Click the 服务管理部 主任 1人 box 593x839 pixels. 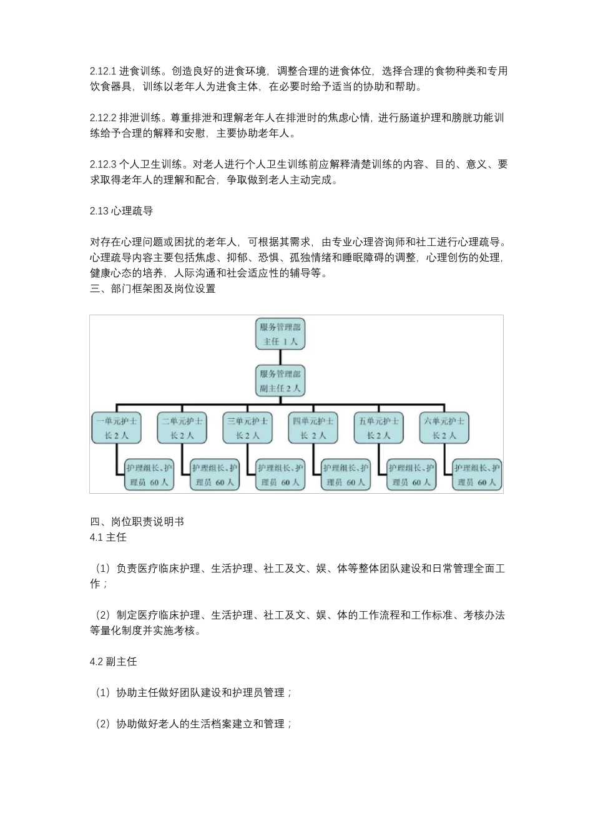(x=280, y=334)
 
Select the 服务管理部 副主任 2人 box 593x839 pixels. (x=280, y=381)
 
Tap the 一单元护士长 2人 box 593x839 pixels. (x=116, y=428)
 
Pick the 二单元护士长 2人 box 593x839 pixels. (x=182, y=428)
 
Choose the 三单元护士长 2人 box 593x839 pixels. (x=248, y=428)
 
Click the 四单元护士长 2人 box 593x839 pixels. (x=313, y=428)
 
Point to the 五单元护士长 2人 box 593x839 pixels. (x=378, y=428)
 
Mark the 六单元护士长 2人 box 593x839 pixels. (x=444, y=428)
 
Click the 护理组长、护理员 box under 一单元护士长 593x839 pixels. (x=149, y=475)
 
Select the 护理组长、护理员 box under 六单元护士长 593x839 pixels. (x=477, y=475)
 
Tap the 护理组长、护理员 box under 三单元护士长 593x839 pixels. (x=280, y=475)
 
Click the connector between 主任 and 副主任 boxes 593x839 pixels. (x=280, y=357)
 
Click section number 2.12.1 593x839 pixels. (x=103, y=71)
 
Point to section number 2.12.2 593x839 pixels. (x=103, y=118)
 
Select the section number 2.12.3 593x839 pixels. (x=103, y=165)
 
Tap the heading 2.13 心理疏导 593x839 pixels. (x=121, y=211)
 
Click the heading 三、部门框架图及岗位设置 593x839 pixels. (x=152, y=289)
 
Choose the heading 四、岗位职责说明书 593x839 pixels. (x=137, y=522)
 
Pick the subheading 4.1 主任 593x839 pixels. (x=108, y=537)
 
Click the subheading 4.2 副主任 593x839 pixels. (x=113, y=662)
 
